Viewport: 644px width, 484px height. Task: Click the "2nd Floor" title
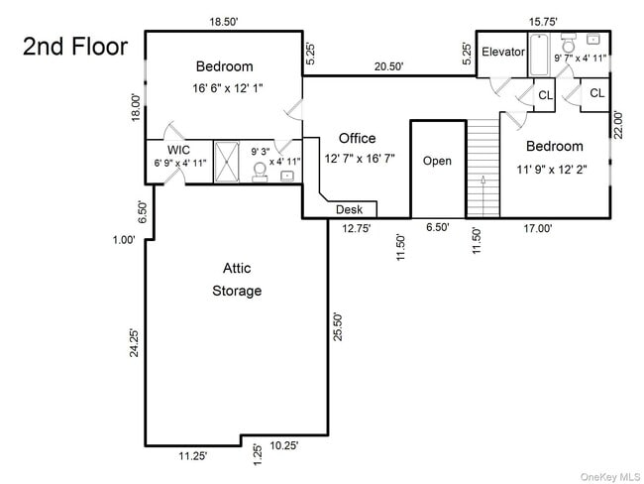point(75,46)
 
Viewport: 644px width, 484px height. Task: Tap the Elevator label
point(503,52)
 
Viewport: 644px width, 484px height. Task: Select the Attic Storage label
point(237,280)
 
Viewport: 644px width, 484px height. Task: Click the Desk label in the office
point(349,209)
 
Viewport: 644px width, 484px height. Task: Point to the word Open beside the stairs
point(437,161)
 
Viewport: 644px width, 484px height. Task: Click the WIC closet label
point(178,150)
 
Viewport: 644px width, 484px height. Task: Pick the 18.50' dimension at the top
point(224,22)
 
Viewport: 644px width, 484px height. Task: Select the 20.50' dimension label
point(388,66)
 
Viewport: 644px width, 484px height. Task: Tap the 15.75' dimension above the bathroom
point(543,22)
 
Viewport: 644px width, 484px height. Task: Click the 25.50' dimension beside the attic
point(337,327)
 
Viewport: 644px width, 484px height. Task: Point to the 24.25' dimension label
point(134,342)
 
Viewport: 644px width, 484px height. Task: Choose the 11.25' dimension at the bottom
point(192,456)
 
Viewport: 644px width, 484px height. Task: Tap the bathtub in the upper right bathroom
point(539,56)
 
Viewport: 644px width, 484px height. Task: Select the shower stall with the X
point(227,162)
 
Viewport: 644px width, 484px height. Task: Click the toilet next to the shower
point(260,172)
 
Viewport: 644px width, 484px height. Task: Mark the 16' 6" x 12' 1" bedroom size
point(228,88)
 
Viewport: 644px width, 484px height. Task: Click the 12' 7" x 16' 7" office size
point(360,159)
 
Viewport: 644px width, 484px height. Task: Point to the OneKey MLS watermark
point(610,477)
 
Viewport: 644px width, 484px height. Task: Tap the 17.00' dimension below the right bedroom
point(538,228)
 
